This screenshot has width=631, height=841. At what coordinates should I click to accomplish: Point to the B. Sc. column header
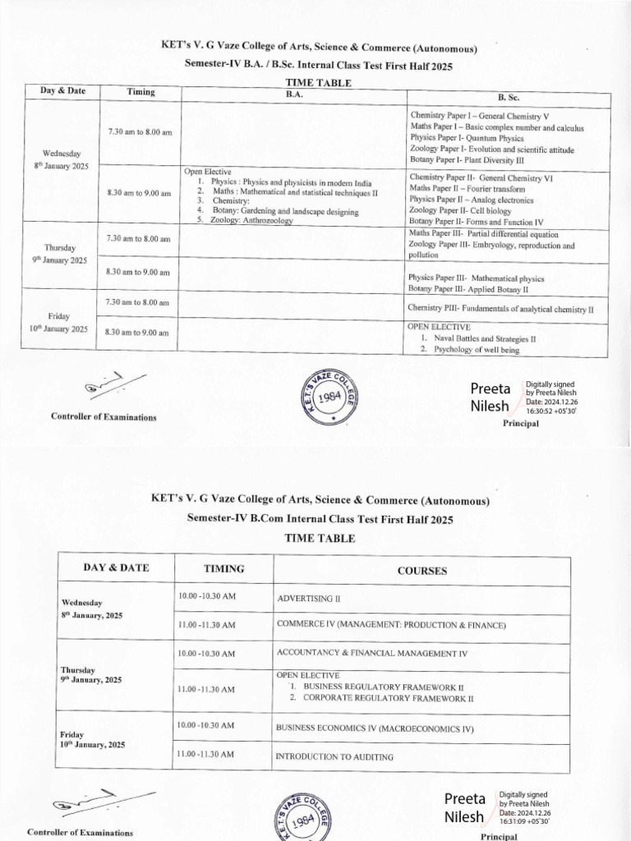point(510,97)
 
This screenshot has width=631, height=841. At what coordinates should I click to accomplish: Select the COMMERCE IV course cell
point(391,625)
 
